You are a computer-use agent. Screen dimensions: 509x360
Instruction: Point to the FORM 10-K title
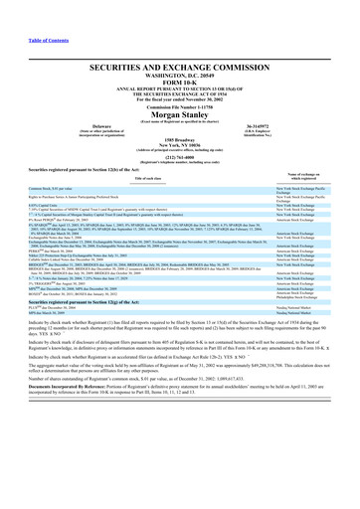point(180,79)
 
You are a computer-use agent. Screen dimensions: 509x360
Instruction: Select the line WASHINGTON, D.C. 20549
point(180,72)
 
